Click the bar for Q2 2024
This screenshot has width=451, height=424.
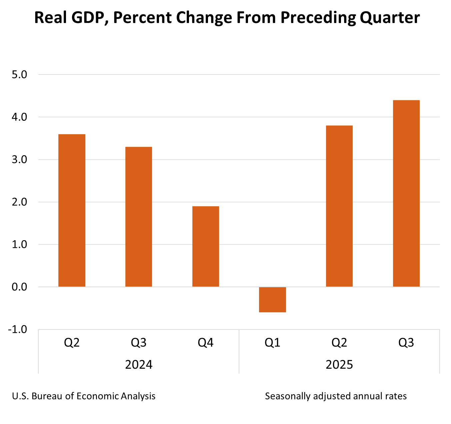72,210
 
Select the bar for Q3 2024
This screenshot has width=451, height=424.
139,217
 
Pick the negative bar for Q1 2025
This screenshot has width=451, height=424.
272,300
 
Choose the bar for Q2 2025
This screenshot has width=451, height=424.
339,206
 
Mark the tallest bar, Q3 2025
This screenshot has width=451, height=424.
406,193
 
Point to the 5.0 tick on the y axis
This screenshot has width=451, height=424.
19,74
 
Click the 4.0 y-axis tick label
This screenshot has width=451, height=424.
19,117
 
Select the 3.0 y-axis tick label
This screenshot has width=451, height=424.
19,159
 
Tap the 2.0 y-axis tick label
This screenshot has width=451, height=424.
19,202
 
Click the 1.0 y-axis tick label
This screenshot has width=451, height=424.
19,245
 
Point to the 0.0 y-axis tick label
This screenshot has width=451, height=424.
19,287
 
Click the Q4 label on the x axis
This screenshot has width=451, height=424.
205,343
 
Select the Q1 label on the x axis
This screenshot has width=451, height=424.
272,343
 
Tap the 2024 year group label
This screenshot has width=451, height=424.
139,365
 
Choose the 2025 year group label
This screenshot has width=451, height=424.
339,365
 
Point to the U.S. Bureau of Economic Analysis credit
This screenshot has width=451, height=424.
84,396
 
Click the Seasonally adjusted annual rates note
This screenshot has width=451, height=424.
336,396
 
